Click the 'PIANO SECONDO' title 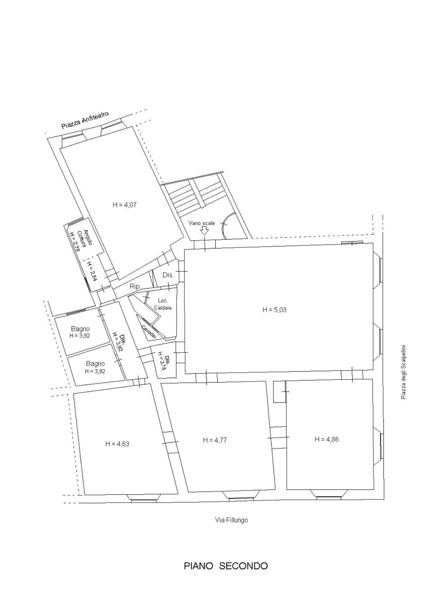tap(226, 566)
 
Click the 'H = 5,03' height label tap(274, 310)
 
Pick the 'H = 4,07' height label tap(124, 205)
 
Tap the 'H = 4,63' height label tap(117, 444)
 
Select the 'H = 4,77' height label tap(215, 440)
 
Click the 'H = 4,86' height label tap(327, 439)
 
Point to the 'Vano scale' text tap(202, 223)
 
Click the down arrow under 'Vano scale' tap(204, 231)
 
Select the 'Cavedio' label tap(149, 332)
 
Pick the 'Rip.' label tap(135, 286)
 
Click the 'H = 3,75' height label tap(163, 362)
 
